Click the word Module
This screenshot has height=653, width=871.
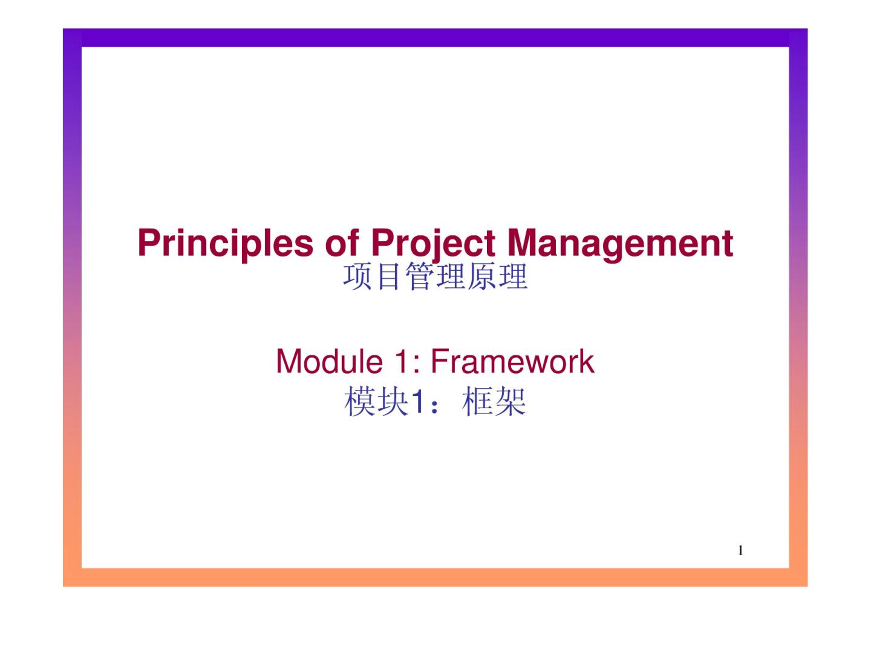coord(329,361)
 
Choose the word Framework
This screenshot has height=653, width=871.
coord(512,361)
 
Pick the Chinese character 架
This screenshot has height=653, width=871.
coord(510,402)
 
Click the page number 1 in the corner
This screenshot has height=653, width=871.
coord(740,551)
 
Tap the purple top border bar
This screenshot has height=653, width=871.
coord(435,38)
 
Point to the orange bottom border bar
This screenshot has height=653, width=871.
coord(435,577)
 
